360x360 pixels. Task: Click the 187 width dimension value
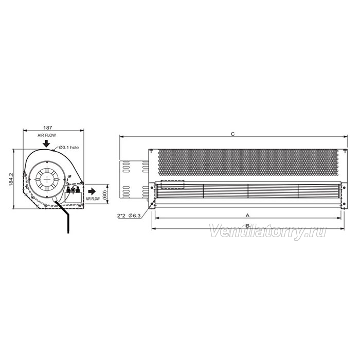click(47, 128)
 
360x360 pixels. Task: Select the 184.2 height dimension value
click(11, 179)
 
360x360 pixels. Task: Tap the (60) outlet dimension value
click(104, 194)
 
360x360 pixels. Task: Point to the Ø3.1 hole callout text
click(68, 148)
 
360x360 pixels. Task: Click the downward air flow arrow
click(47, 143)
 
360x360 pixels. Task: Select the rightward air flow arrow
click(92, 191)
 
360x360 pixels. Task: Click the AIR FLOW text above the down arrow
click(47, 135)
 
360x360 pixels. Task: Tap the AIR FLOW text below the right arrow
click(93, 199)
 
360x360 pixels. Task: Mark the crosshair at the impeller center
click(47, 179)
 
